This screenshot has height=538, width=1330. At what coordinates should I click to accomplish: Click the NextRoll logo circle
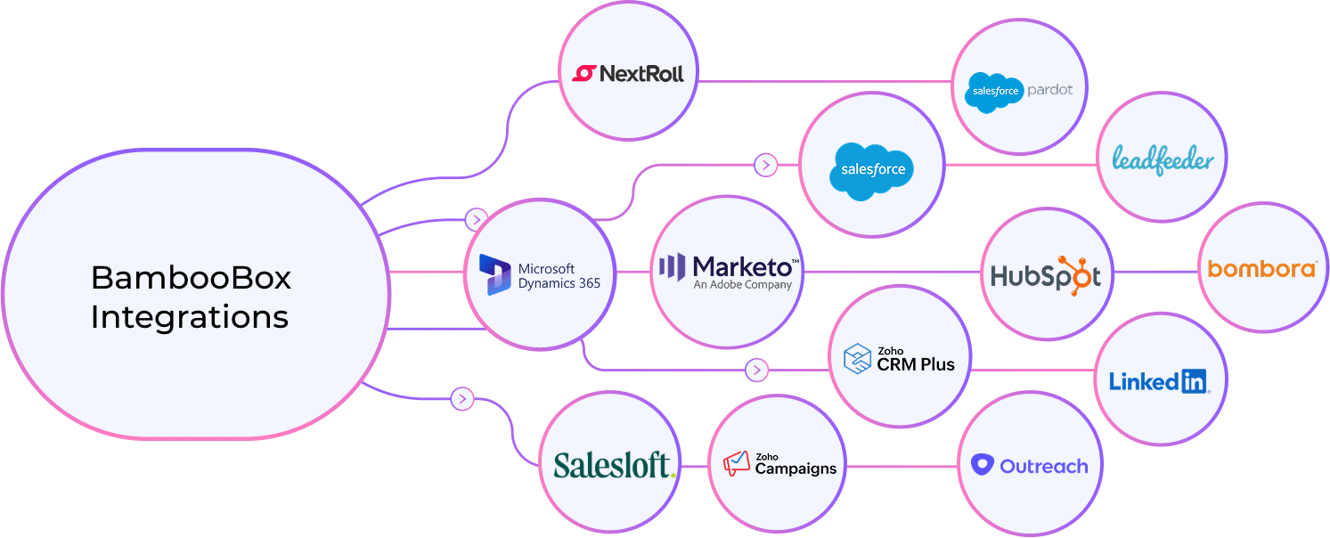click(x=628, y=73)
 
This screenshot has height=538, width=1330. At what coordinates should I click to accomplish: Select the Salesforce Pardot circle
click(x=1019, y=89)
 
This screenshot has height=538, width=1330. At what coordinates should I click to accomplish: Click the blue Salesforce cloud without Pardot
click(x=872, y=169)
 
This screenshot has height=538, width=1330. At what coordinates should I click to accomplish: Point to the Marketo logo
click(x=728, y=272)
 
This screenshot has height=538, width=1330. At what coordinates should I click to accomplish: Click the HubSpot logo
click(x=1047, y=275)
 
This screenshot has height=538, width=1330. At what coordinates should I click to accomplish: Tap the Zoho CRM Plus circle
click(x=899, y=358)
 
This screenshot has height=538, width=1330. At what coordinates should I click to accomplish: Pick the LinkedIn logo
click(x=1158, y=381)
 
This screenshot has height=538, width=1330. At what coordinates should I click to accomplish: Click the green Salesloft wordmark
click(x=614, y=465)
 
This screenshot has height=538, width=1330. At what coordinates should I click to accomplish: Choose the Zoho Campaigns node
click(x=779, y=463)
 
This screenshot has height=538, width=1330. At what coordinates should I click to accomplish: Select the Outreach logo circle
click(x=1029, y=465)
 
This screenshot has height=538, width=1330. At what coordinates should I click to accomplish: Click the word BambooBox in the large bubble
click(x=191, y=278)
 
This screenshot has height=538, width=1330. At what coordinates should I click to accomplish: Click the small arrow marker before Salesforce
click(x=765, y=165)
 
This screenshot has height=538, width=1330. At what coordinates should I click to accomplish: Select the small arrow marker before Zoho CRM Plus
click(x=757, y=369)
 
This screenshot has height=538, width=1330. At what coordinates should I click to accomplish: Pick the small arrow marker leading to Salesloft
click(x=461, y=399)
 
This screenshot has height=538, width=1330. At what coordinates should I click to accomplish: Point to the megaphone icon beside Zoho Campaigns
click(x=737, y=462)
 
